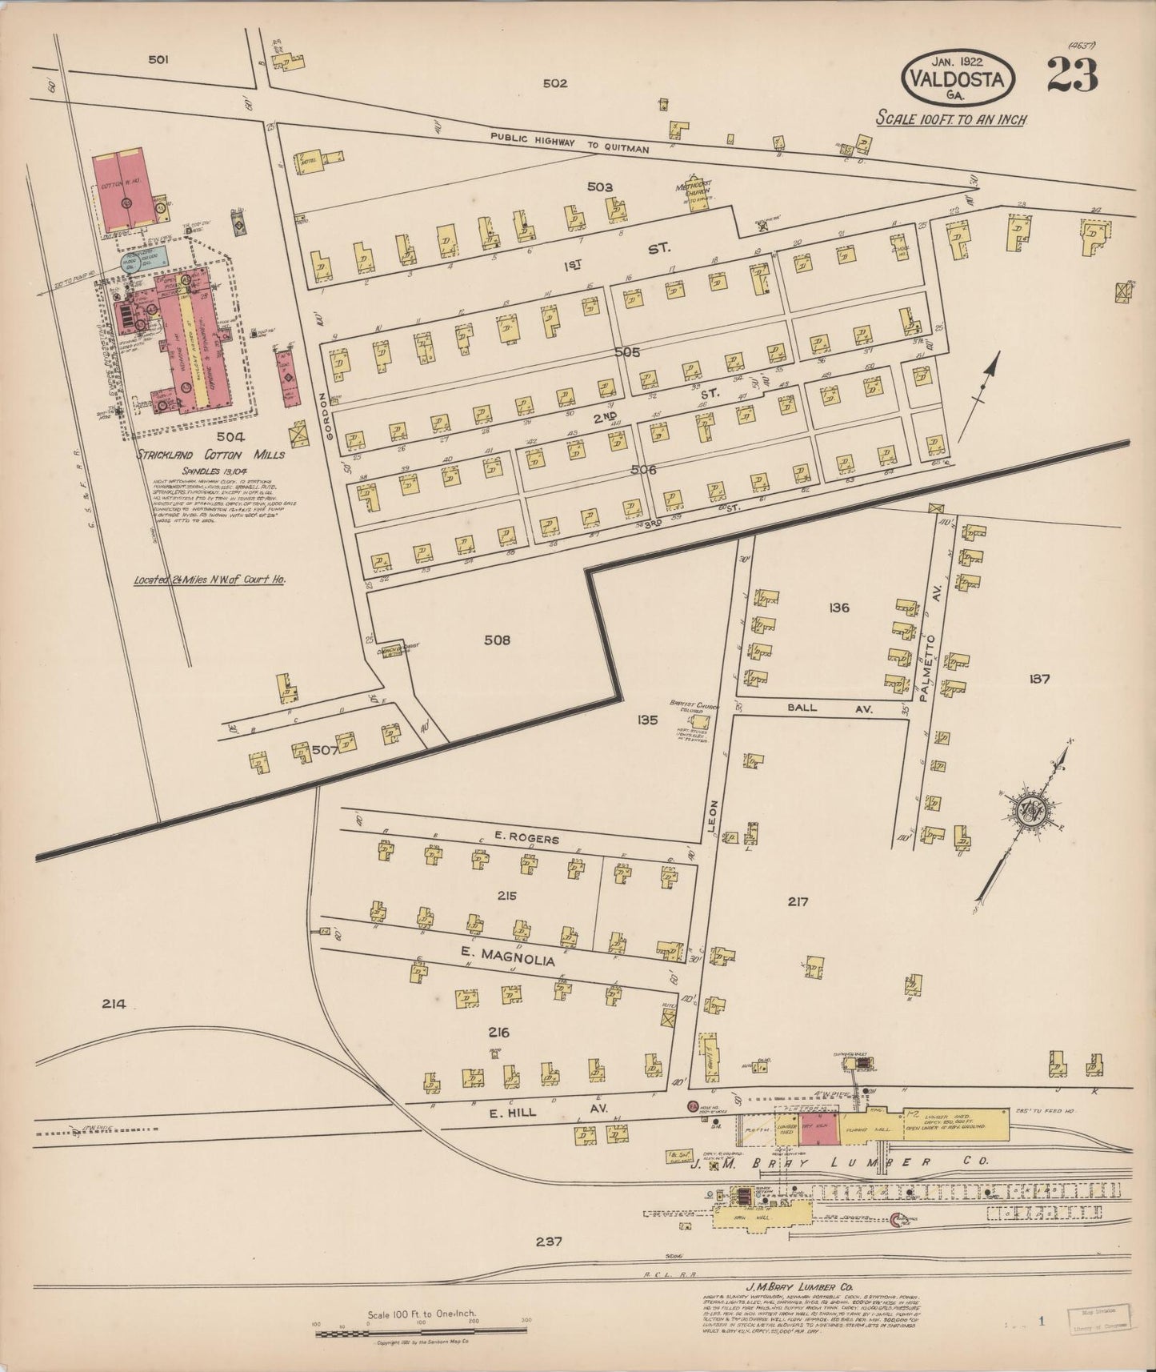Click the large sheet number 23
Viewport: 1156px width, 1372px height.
tap(1071, 76)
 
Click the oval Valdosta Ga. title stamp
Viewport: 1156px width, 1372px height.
tap(958, 78)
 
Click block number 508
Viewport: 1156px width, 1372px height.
tap(496, 640)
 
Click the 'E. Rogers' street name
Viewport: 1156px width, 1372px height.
tap(526, 840)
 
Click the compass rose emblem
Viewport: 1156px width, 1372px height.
tap(1029, 810)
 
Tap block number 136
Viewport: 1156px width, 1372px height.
tap(839, 608)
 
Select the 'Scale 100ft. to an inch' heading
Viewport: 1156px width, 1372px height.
tap(951, 119)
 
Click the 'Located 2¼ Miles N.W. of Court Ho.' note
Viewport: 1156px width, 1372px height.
tap(210, 580)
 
